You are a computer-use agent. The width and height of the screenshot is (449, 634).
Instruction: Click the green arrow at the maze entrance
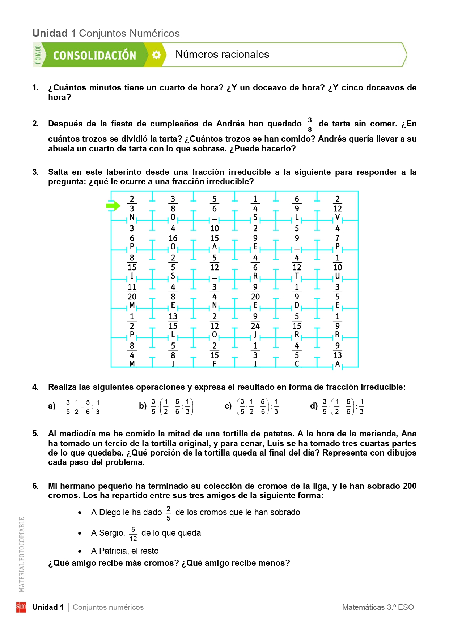pos(113,206)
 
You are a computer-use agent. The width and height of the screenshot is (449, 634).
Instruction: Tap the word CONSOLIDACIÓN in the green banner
pos(94,55)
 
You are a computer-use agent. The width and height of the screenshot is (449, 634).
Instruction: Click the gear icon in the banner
pos(156,55)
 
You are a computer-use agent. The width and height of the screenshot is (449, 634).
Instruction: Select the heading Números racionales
pos(222,55)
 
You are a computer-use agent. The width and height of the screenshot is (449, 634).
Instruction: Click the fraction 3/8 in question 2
pos(310,124)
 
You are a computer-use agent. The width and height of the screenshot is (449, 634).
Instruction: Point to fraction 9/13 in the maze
pos(337,350)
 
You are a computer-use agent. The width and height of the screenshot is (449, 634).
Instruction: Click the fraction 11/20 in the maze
pos(132,292)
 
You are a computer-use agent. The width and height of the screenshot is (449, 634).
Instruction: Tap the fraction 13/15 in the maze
pos(173,321)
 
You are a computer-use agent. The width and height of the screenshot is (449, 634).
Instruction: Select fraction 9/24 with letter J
pos(255,321)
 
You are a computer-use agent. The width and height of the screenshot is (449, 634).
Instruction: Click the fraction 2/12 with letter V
pos(337,204)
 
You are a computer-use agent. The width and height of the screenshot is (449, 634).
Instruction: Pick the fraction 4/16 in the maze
pos(173,233)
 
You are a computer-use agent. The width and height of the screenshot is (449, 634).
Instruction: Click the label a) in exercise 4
pos(52,406)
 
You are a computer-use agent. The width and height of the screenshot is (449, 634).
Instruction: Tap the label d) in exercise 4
pos(313,406)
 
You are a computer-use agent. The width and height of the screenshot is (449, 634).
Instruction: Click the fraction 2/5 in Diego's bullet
pos(168,513)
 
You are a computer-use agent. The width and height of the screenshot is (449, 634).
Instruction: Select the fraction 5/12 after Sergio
pos(133,534)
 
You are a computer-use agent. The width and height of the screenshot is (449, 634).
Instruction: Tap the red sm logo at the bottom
pos(21,607)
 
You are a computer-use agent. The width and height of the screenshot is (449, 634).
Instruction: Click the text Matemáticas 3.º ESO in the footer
pos(378,607)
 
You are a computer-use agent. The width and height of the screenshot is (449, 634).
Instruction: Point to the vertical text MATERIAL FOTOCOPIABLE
pos(22,555)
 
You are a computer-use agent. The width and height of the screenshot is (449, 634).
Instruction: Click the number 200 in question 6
pos(410,486)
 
